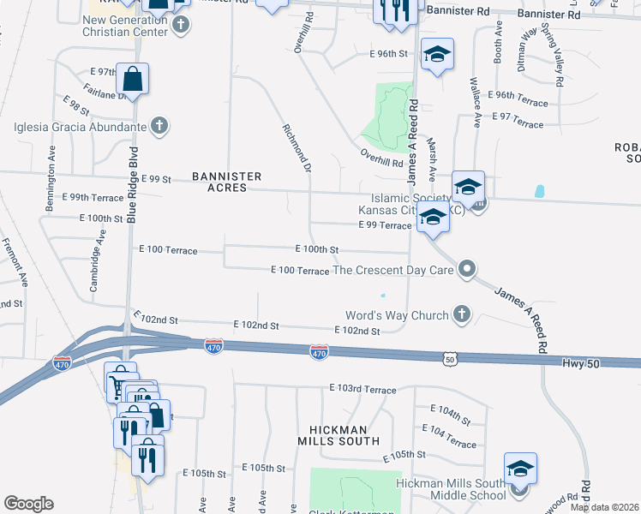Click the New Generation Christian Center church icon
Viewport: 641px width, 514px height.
point(180,24)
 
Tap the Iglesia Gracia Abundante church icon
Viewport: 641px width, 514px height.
point(158,127)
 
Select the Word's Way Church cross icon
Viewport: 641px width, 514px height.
point(461,314)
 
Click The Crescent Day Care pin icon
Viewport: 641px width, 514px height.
point(467,270)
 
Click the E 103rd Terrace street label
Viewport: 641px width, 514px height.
point(362,389)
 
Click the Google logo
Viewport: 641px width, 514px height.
point(28,503)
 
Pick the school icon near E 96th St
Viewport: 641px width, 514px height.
point(437,56)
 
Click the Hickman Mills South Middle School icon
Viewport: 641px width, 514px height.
point(520,469)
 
